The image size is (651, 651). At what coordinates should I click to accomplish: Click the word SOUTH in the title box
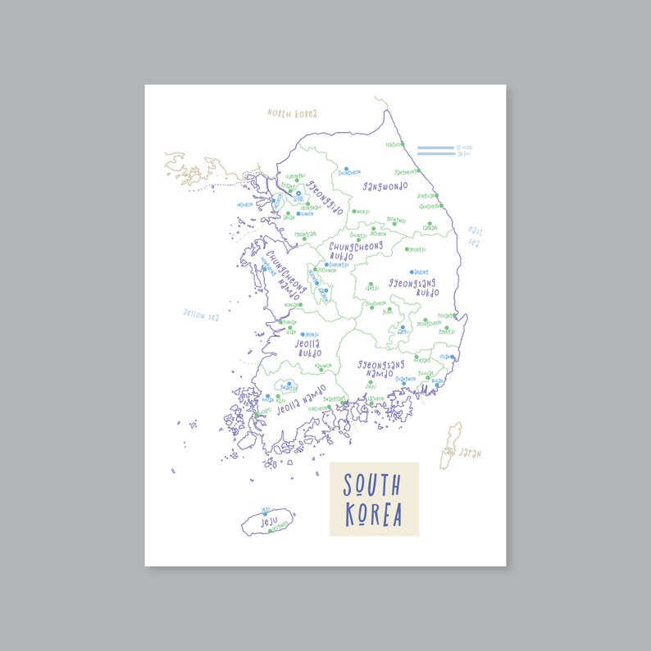click(372, 485)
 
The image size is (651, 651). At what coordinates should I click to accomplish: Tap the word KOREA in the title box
click(374, 515)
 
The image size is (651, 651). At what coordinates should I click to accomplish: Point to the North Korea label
click(292, 113)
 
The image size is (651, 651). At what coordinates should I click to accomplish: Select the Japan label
click(470, 452)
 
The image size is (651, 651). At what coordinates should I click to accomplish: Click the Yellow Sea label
click(199, 314)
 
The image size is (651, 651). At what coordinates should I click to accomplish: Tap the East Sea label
click(475, 235)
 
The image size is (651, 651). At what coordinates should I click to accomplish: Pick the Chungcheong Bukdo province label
click(355, 250)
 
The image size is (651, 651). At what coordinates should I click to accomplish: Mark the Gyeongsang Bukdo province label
click(412, 287)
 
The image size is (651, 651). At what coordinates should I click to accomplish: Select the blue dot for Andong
click(412, 271)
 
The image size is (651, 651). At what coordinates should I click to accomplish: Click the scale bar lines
click(435, 151)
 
